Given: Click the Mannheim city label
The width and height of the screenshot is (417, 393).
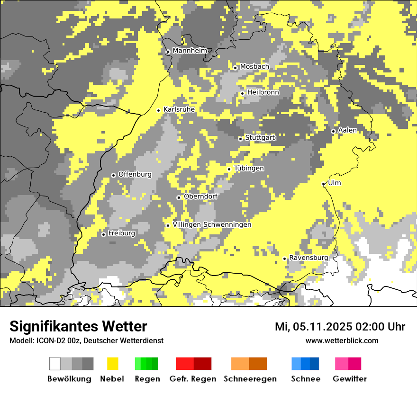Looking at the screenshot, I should click(x=190, y=51).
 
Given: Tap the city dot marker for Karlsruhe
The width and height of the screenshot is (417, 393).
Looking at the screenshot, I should click(x=159, y=110).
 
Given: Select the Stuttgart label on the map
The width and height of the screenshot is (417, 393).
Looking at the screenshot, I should click(x=260, y=138).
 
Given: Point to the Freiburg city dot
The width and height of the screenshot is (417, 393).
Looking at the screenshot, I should click(x=103, y=234).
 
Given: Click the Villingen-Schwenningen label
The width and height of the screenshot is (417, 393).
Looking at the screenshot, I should click(x=212, y=224).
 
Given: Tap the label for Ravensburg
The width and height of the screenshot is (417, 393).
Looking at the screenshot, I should click(x=308, y=258).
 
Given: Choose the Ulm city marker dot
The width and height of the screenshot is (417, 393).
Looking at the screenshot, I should click(x=324, y=184).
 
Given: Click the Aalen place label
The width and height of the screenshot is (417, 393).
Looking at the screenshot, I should click(x=347, y=130).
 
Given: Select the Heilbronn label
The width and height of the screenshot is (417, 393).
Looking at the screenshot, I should click(x=263, y=92).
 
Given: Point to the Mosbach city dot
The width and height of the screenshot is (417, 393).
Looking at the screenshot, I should click(x=235, y=68).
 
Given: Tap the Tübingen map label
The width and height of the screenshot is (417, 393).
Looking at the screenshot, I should click(x=249, y=168).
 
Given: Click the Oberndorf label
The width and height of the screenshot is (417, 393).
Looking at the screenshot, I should click(x=200, y=196).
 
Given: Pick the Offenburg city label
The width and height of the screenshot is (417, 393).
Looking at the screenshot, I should click(x=135, y=174).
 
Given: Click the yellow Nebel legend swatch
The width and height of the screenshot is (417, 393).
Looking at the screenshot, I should click(x=112, y=364).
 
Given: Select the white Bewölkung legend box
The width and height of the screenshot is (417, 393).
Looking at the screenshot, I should click(x=55, y=364).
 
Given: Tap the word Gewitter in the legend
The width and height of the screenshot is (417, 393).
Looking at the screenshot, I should click(x=349, y=379).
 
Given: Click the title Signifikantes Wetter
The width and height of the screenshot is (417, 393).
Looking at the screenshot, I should click(x=78, y=326).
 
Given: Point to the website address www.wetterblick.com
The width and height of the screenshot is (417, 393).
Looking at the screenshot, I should click(x=342, y=341).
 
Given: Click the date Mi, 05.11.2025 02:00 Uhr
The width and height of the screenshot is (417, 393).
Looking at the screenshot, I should click(x=340, y=327).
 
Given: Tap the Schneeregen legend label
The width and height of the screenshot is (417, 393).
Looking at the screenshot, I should click(x=250, y=379).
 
